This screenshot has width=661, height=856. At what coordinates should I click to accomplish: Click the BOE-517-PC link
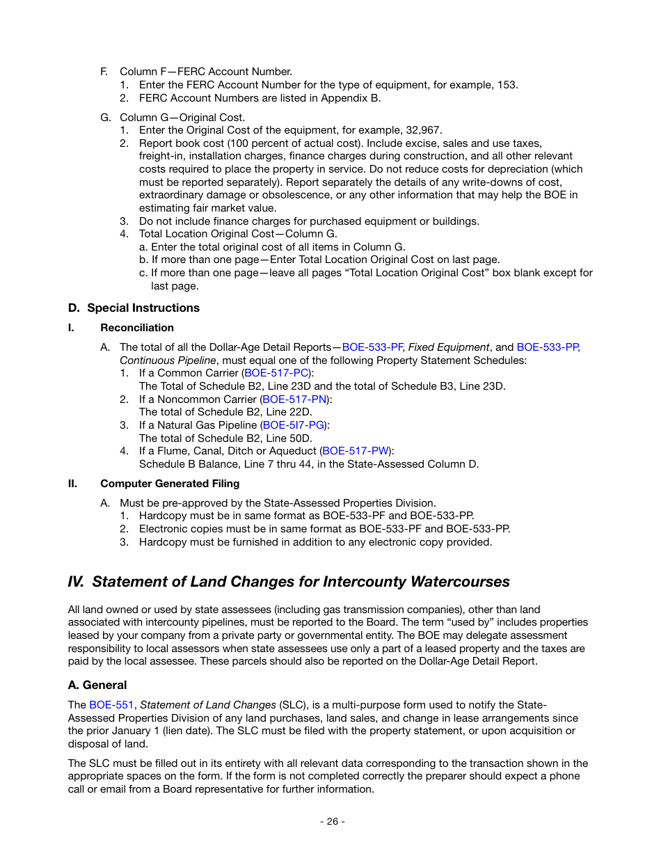[276, 373]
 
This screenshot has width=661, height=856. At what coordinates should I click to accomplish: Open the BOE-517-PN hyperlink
[294, 399]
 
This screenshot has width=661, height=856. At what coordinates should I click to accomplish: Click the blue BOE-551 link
[111, 705]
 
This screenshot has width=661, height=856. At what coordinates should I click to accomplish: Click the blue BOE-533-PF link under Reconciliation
[372, 347]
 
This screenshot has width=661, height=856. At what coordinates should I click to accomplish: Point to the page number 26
[332, 821]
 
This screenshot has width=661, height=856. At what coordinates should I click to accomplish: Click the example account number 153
[507, 85]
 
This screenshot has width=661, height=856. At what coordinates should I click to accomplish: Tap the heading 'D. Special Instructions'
[134, 308]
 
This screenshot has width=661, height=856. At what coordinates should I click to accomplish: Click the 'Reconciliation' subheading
[137, 328]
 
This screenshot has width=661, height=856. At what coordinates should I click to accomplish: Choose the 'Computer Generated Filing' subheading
[170, 484]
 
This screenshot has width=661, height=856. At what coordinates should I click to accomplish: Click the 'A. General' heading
[97, 685]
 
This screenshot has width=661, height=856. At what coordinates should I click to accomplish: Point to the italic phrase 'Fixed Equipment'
[449, 347]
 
